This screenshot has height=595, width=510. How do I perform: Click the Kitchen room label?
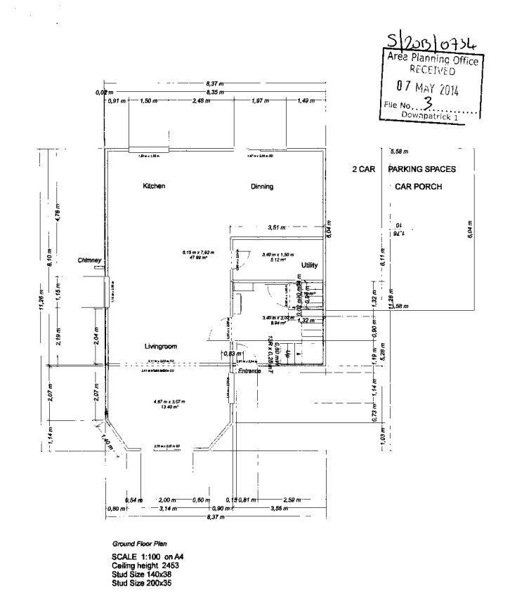(x=154, y=186)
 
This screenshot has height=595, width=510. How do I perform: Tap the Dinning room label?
(x=262, y=187)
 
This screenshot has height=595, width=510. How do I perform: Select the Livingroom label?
(x=160, y=347)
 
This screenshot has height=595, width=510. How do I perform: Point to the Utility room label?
(x=309, y=265)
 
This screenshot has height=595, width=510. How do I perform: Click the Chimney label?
(x=91, y=260)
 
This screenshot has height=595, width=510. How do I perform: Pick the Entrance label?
(x=249, y=370)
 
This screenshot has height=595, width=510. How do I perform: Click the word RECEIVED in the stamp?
(x=433, y=71)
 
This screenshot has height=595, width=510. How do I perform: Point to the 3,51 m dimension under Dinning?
(x=277, y=227)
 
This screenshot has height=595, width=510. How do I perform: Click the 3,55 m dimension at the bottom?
(x=279, y=507)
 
